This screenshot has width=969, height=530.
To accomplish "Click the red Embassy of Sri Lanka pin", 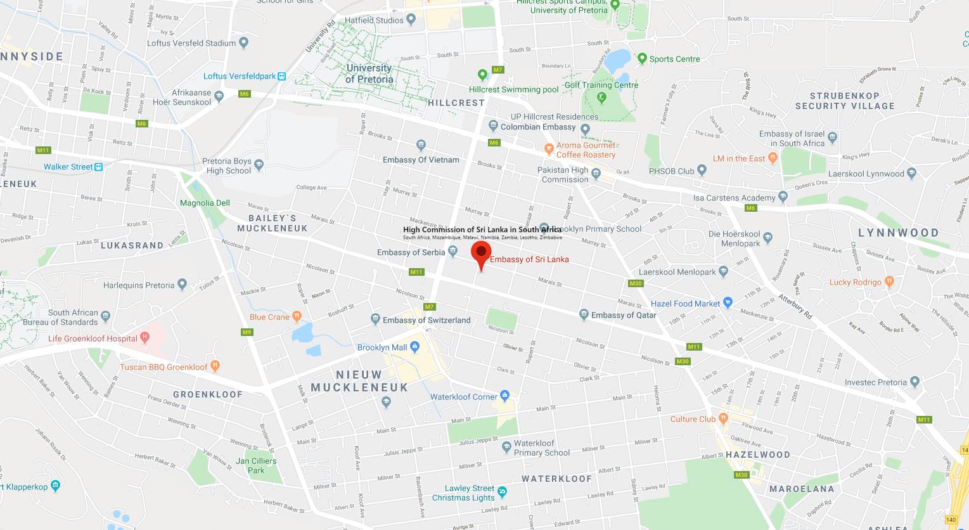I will coord(481,253).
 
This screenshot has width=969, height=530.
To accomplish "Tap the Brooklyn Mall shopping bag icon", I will coord(415,347).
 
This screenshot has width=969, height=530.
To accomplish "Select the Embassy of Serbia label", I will coord(411,252).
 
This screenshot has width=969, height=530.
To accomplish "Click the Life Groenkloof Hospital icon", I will coord(145,337).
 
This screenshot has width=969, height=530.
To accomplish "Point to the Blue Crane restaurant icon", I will coord(297,316).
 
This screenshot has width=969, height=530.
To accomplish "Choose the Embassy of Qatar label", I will coord(624,315).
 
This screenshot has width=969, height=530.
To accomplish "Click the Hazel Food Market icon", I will coord(728,303).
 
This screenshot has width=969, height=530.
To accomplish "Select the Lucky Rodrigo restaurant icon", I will coord(889,281).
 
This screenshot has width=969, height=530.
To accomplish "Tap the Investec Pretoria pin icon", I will coord(914,382).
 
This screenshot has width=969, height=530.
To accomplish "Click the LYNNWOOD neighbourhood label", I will coord(898,233).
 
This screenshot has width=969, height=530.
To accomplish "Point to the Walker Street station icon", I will coord(98,167).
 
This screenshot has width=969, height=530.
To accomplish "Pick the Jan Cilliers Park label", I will coord(256,465).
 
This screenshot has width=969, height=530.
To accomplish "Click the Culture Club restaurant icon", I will coord(723,418).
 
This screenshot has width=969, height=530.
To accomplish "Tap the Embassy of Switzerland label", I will coord(427,320).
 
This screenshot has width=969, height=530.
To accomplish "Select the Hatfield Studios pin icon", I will coord(411,20).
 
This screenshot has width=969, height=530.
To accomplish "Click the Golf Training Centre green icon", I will coord(601,98).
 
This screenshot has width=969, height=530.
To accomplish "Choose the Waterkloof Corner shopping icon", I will coord(505,396).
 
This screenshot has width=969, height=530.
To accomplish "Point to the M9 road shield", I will coord(247,332).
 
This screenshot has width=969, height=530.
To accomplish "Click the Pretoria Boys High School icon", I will coord(259,165).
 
